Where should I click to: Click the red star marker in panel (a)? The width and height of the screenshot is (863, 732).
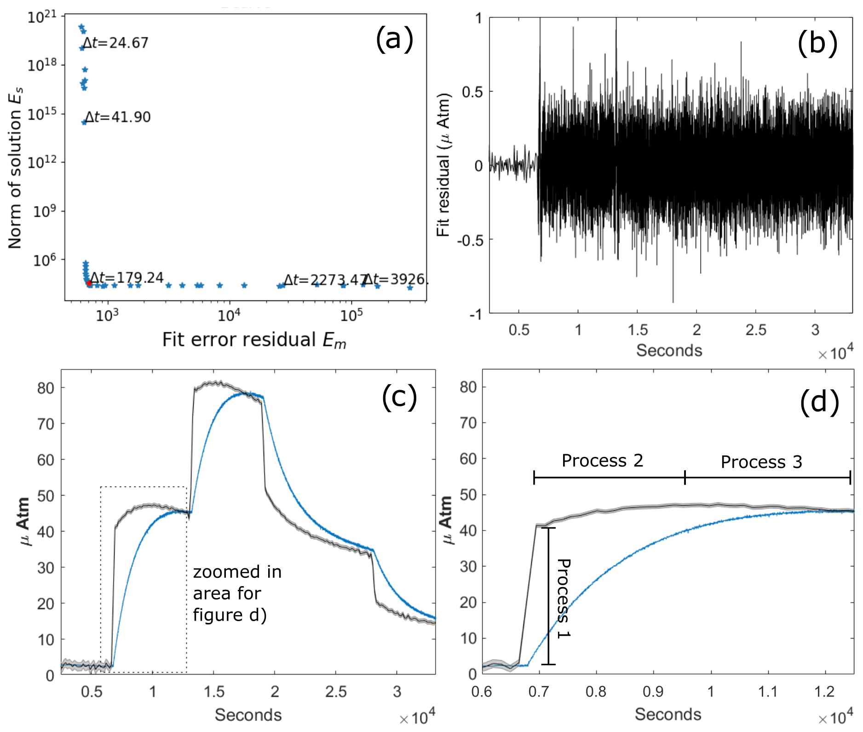[89, 283]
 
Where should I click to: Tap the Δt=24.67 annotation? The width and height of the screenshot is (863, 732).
[115, 43]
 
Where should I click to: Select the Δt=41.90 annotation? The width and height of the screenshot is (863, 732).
[118, 117]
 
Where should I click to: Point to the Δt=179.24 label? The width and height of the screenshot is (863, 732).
[127, 277]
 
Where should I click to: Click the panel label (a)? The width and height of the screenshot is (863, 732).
[394, 38]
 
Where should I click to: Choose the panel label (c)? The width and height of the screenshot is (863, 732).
[399, 397]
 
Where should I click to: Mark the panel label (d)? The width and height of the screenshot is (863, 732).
[819, 402]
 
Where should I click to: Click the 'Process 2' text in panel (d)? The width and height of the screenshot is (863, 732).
[602, 461]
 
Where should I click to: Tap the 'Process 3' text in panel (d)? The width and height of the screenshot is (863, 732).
[761, 462]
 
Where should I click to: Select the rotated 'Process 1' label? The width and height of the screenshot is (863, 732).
[564, 598]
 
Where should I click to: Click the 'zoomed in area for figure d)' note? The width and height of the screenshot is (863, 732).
[237, 594]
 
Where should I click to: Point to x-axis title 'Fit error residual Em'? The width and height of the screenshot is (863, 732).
[254, 340]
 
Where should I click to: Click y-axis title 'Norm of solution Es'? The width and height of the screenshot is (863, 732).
[15, 168]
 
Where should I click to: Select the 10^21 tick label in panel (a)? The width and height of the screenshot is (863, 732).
[42, 17]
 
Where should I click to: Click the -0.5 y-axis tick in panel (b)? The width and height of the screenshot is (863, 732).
[470, 240]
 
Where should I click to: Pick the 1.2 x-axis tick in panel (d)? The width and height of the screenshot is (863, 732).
[824, 692]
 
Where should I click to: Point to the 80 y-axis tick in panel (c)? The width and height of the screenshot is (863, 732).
[45, 388]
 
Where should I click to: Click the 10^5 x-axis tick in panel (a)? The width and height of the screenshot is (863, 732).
[351, 315]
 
